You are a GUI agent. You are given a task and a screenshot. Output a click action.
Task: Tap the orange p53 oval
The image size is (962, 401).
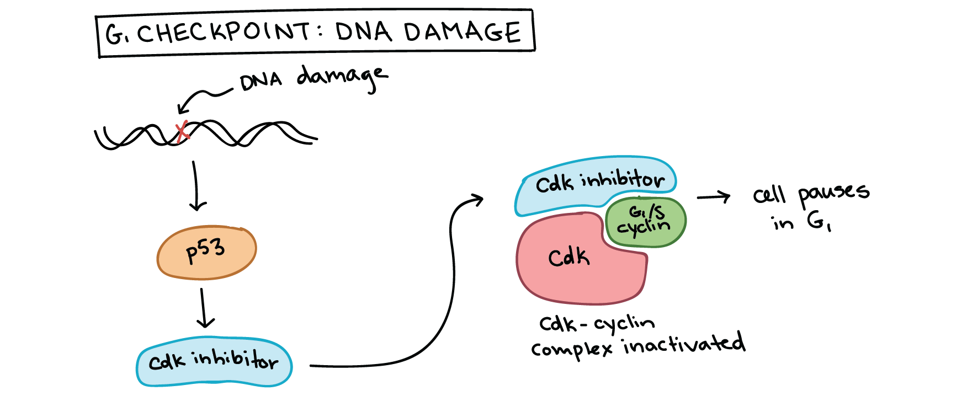click(x=206, y=252)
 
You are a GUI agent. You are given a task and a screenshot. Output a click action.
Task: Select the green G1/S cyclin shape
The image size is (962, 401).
click(x=646, y=220)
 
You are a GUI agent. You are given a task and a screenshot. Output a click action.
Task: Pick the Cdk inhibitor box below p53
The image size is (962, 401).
click(x=214, y=361)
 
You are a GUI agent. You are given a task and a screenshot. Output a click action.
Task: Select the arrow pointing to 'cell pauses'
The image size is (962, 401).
click(x=713, y=197)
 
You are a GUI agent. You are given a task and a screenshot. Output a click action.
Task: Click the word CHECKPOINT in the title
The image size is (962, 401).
click(x=224, y=33)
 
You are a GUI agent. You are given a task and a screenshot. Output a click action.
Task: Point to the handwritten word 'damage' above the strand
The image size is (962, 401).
click(x=342, y=78)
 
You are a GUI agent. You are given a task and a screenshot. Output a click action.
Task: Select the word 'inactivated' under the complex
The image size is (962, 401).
click(x=684, y=344)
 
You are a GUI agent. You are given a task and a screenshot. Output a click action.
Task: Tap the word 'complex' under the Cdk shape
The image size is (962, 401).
click(x=571, y=349)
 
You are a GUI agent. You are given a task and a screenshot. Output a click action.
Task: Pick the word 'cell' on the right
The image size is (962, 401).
click(x=769, y=195)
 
